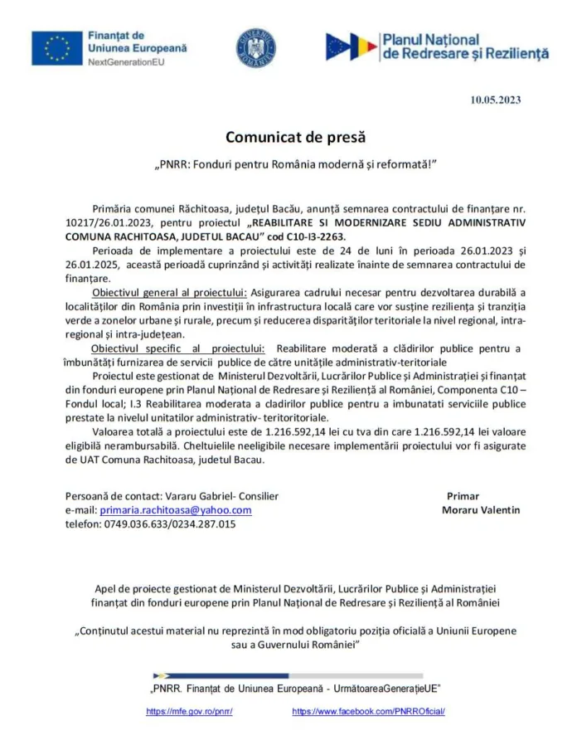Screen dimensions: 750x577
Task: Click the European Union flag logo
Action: [x=56, y=48]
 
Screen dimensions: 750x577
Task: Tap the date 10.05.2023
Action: [x=495, y=100]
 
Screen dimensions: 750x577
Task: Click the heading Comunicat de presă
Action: [x=295, y=136]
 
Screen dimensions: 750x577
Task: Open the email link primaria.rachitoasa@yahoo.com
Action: [x=175, y=510]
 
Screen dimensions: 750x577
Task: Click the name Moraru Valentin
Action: [x=481, y=510]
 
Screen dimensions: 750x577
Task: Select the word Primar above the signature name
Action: [x=463, y=496]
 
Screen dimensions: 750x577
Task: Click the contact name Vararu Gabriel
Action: [x=188, y=496]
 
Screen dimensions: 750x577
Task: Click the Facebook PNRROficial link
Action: [x=369, y=712]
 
